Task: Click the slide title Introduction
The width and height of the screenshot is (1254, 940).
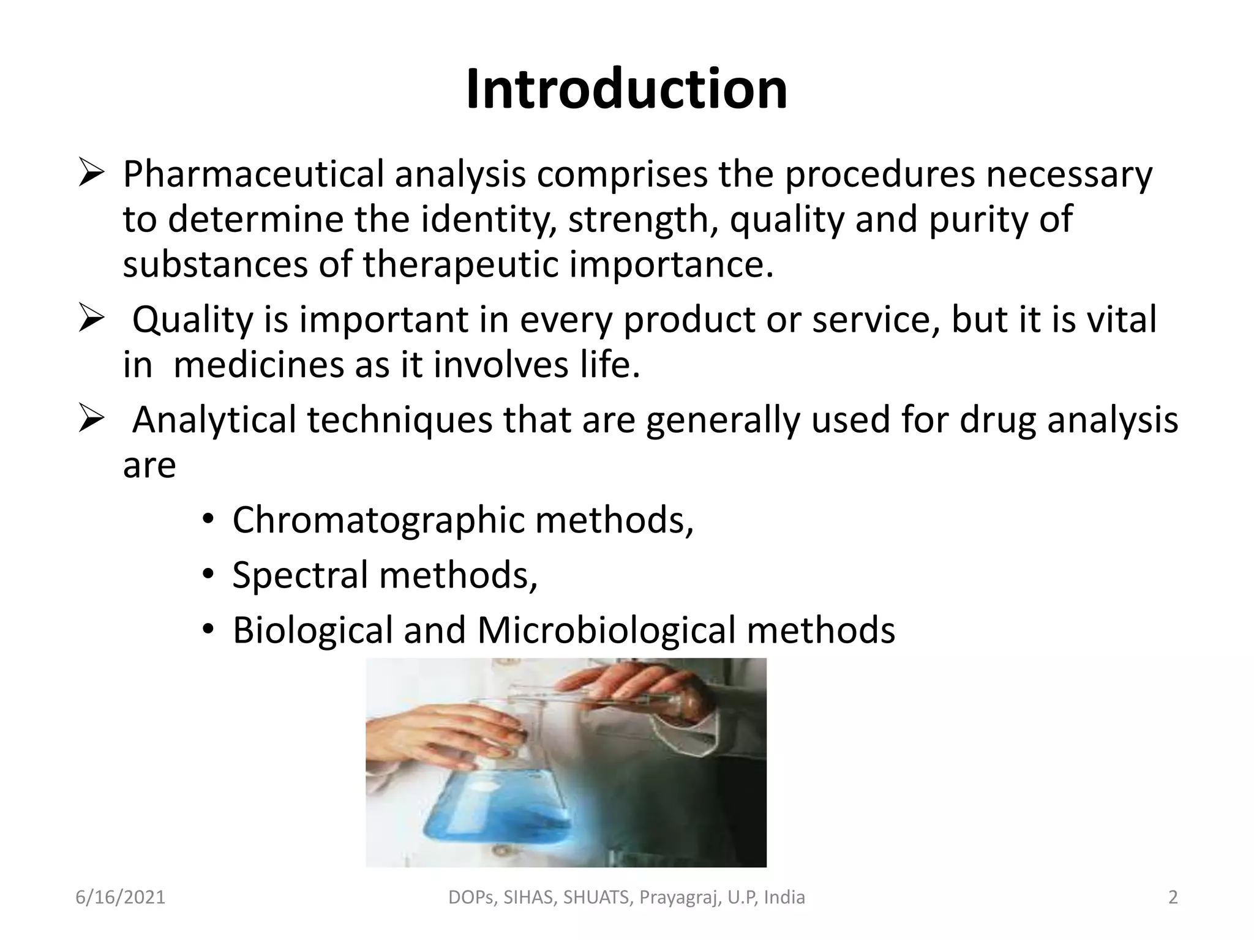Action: click(626, 91)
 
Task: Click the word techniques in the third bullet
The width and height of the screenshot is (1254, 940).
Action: click(399, 420)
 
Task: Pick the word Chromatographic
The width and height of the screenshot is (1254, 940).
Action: click(378, 520)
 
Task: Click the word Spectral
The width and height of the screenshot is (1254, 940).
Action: click(300, 575)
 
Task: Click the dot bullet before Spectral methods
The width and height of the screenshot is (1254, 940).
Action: click(208, 575)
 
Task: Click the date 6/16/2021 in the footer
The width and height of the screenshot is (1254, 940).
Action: click(121, 897)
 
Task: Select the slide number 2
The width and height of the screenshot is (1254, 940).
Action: click(1173, 897)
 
